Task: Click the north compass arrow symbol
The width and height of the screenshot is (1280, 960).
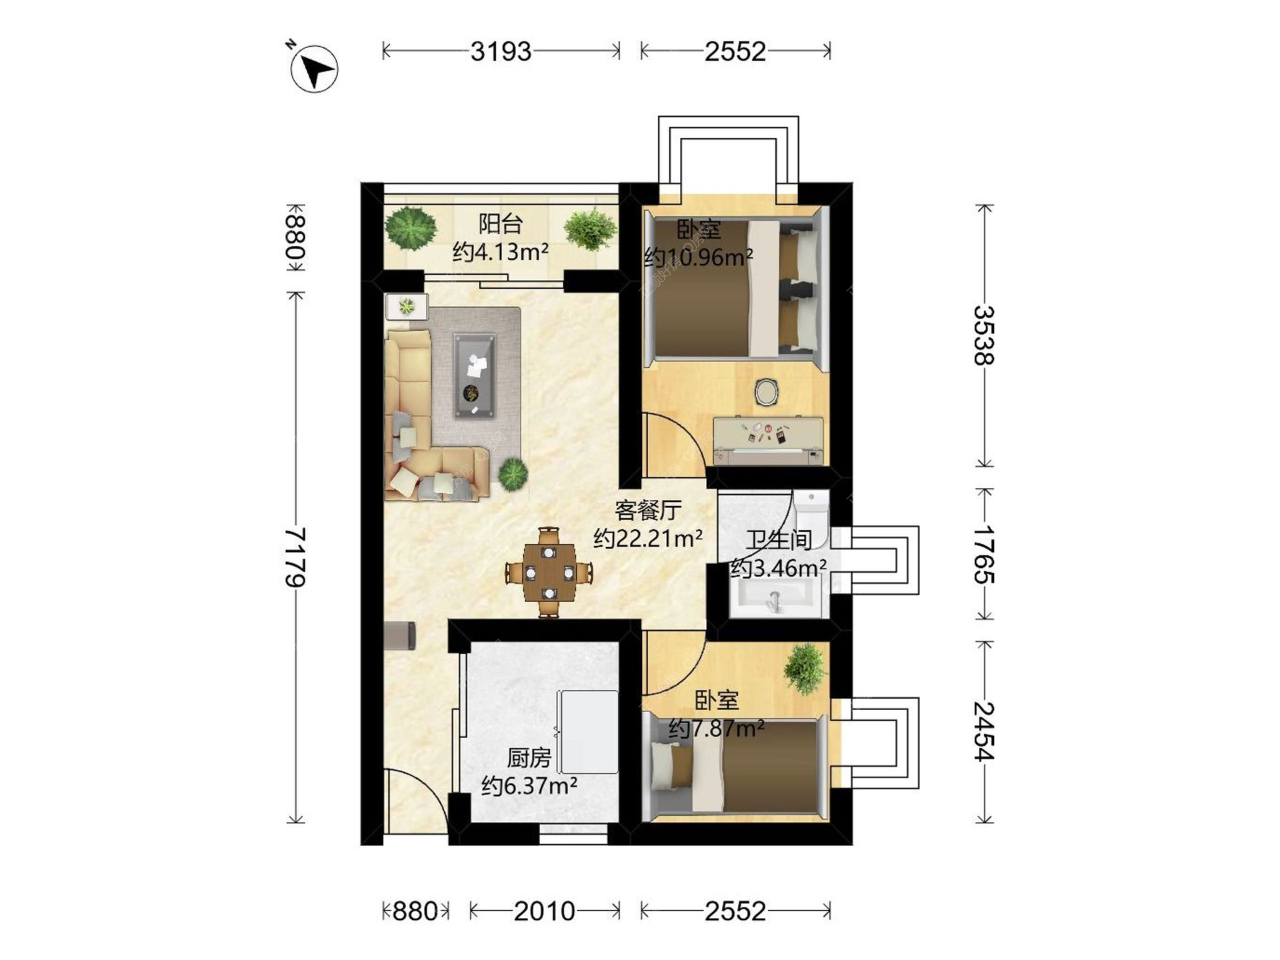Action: (315, 69)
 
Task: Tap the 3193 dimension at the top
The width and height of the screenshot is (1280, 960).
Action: (501, 51)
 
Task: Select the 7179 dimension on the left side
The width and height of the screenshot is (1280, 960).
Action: (295, 557)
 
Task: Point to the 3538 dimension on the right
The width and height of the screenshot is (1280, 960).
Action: (984, 335)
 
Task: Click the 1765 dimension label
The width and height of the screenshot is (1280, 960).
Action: (984, 555)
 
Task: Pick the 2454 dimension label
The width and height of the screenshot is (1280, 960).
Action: (984, 731)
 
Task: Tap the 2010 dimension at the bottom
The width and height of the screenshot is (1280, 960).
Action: (544, 911)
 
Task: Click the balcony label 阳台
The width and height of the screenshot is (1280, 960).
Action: (500, 224)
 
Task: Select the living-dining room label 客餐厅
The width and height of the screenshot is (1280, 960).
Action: (648, 511)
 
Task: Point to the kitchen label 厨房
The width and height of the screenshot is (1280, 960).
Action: (529, 758)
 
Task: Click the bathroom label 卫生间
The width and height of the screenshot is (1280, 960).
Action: (779, 539)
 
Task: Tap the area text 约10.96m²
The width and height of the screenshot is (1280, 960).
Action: (698, 257)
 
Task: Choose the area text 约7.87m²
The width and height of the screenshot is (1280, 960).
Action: (716, 729)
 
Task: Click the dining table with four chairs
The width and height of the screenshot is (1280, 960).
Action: (549, 572)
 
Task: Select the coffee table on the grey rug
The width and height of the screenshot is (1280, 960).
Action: (474, 376)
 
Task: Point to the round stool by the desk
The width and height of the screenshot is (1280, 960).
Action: (767, 392)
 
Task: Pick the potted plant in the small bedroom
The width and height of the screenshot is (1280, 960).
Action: (805, 669)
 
